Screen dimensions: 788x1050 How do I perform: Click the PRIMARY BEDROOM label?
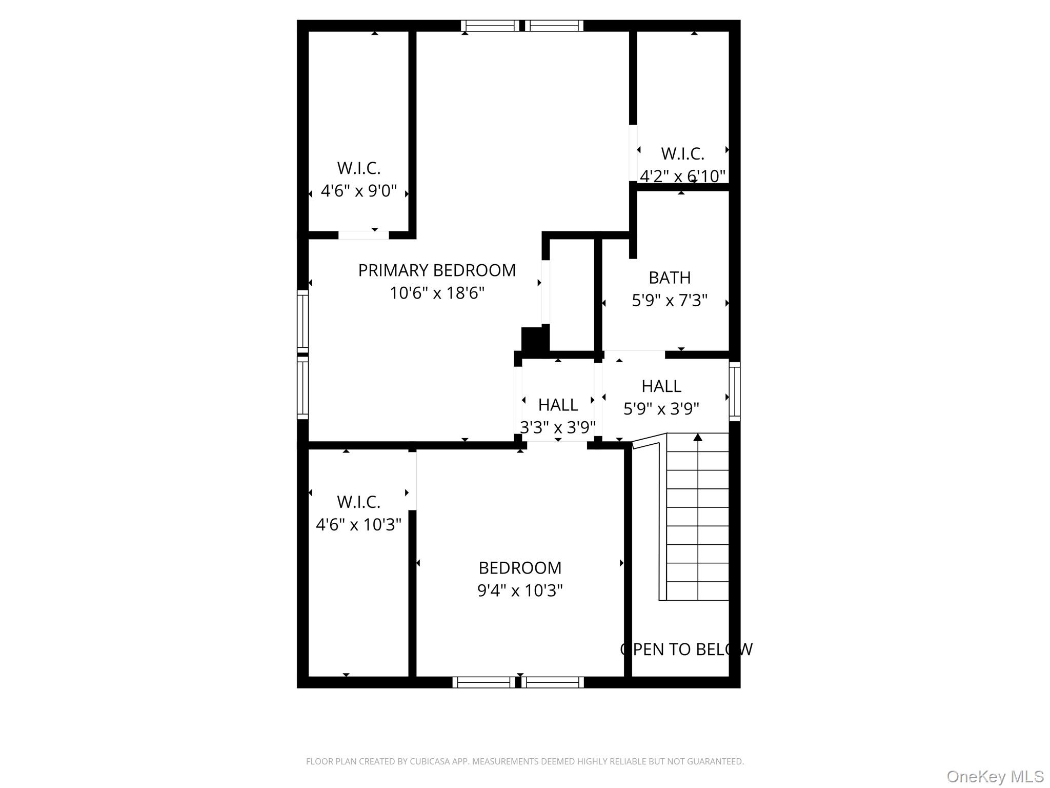[437, 270]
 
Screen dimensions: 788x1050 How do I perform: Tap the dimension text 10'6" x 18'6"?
[437, 293]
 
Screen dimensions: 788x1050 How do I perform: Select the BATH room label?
[670, 278]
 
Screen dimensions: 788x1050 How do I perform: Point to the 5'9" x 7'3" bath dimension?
[670, 300]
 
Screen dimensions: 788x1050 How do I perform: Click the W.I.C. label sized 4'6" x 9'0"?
[359, 168]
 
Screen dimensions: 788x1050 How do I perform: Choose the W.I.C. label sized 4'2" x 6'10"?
[682, 154]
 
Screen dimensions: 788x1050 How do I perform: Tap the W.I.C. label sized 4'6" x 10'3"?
[359, 502]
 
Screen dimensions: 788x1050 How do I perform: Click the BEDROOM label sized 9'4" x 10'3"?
[520, 568]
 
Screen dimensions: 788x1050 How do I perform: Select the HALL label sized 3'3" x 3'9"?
[558, 405]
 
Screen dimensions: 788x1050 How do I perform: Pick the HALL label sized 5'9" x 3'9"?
[661, 386]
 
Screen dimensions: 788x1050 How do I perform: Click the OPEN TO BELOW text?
[686, 649]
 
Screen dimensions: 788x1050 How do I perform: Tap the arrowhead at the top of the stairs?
[698, 438]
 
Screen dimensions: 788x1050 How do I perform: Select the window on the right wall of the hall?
[735, 391]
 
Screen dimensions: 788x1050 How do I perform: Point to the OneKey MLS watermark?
[995, 777]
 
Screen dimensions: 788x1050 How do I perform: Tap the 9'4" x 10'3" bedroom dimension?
[520, 591]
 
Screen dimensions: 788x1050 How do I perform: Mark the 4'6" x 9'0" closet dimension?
[359, 191]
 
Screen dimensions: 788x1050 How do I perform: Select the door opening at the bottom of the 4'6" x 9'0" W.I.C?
[364, 235]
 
